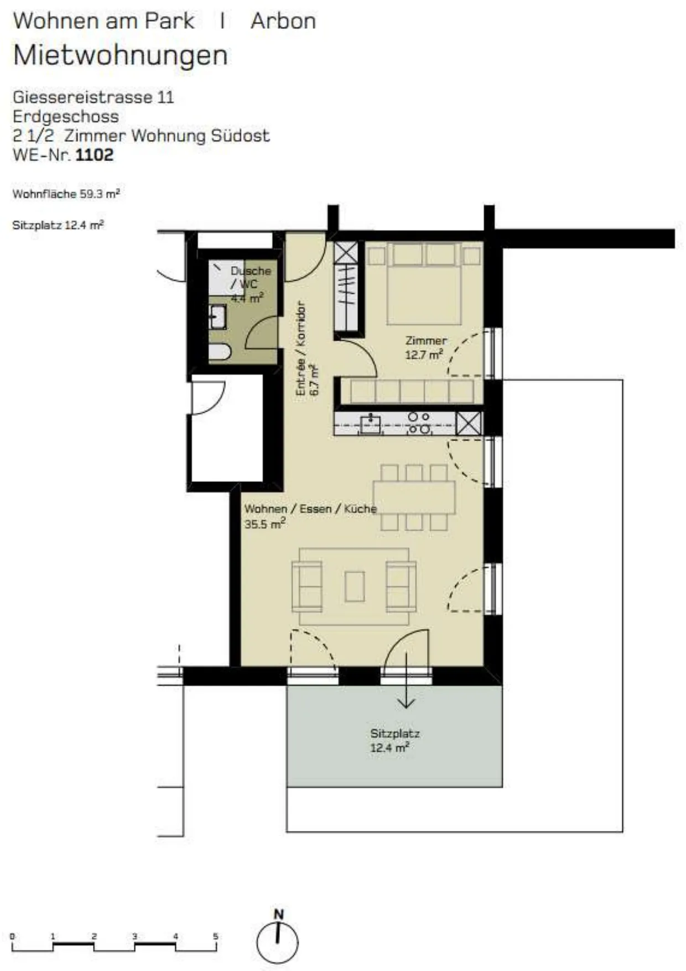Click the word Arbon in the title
pos(283,21)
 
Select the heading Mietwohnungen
pos(121,56)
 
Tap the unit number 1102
pos(94,155)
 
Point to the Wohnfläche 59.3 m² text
pos(66,194)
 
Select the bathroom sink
pos(218,317)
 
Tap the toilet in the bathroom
pos(220,352)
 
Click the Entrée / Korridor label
pos(300,349)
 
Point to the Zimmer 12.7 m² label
pos(425,348)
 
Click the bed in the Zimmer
pos(424,284)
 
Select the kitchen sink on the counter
pos(370,424)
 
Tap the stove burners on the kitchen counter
pos(418,423)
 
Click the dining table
pos(414,497)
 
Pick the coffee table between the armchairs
pos(355,586)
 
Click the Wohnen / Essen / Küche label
pos(310,516)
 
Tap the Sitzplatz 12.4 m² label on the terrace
pos(394,740)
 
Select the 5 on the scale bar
pos(216,936)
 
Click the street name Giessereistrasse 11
pos(93,97)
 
